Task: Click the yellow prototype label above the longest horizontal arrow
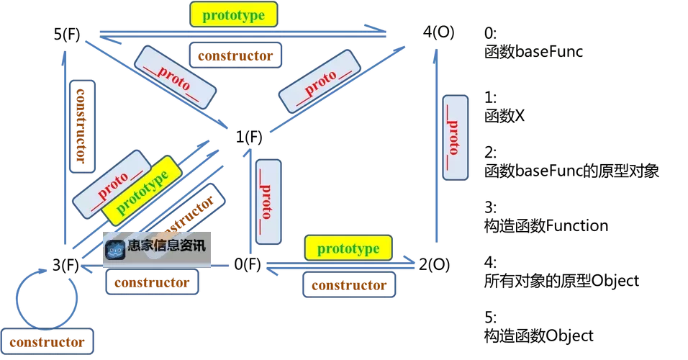[x=232, y=14]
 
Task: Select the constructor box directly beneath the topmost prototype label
[x=235, y=55]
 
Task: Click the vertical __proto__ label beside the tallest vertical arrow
[x=454, y=137]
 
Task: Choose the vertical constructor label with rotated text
[x=82, y=125]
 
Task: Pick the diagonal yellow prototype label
[x=141, y=188]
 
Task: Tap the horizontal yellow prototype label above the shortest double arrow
[x=348, y=248]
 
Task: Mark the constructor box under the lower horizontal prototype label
[x=348, y=284]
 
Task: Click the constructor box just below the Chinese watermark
[x=152, y=282]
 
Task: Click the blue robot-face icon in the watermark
[x=115, y=249]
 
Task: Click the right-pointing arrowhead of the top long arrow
[x=379, y=29]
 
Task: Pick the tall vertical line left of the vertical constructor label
[x=64, y=144]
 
